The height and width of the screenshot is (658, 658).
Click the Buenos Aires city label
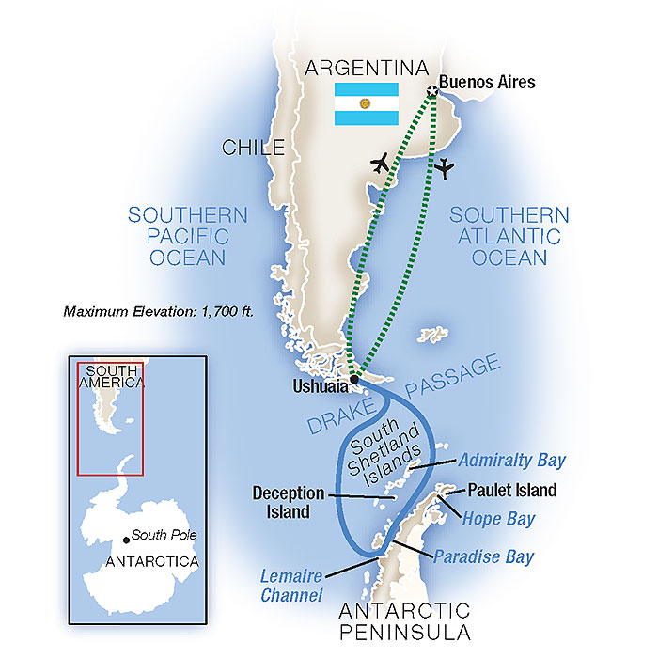pos(489,83)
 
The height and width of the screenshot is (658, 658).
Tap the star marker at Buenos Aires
pos(431,91)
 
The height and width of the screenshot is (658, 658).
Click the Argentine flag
pos(368,103)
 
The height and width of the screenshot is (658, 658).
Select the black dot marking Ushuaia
pos(354,380)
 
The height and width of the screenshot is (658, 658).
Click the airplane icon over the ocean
pos(445,169)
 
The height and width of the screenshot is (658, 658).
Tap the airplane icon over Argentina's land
pos(381,163)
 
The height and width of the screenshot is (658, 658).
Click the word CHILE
pos(253,148)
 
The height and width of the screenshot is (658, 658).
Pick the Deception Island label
pos(289,502)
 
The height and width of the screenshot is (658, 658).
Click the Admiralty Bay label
pos(511,461)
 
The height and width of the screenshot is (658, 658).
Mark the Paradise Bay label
pos(483,556)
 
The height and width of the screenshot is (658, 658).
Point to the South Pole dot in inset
pos(127,539)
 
